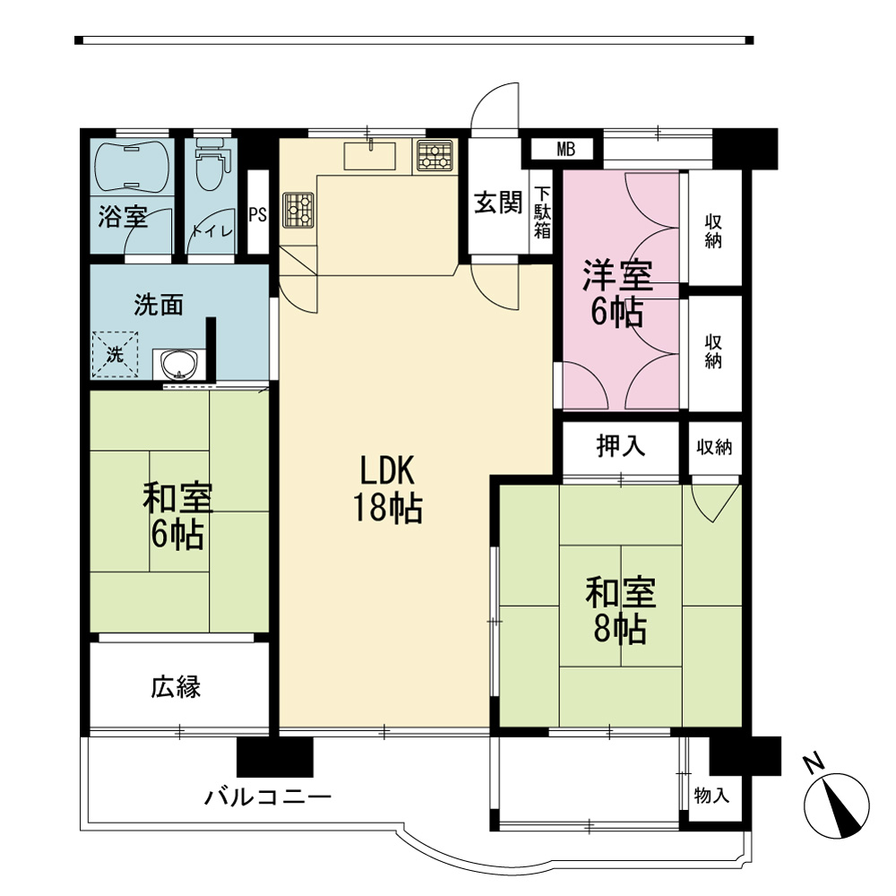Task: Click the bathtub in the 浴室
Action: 132,166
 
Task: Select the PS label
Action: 258,215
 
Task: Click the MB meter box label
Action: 565,150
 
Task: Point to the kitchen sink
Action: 370,156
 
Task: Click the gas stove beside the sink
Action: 435,155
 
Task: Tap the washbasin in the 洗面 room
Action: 178,364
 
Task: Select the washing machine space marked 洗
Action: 115,354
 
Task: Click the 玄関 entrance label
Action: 498,202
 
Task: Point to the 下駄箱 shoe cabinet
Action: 542,212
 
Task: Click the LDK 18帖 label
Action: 388,489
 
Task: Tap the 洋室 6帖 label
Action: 617,293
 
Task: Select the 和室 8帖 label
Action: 621,610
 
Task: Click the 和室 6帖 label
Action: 177,516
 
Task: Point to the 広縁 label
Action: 176,687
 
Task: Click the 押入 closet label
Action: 621,445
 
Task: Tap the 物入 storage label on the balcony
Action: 711,795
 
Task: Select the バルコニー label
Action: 268,796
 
